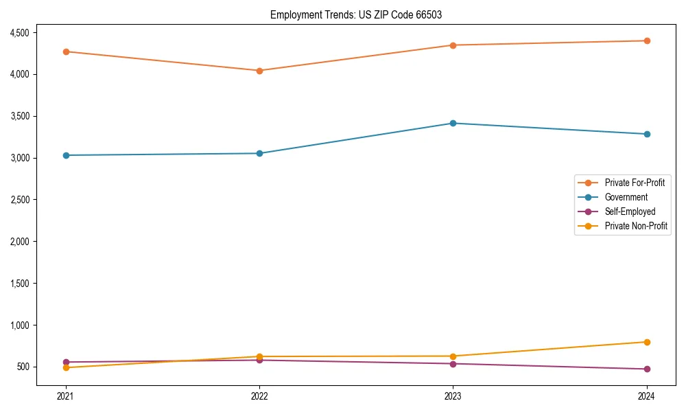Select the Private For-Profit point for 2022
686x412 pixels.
pyautogui.click(x=259, y=71)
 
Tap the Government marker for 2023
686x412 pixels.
pyautogui.click(x=453, y=124)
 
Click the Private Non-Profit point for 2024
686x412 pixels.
pyautogui.click(x=647, y=342)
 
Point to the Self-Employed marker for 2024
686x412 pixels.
pyautogui.click(x=647, y=369)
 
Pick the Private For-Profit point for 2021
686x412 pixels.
pyautogui.click(x=66, y=51)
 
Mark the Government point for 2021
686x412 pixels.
pyautogui.click(x=66, y=155)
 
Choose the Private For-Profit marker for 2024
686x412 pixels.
pyautogui.click(x=647, y=41)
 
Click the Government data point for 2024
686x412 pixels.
pyautogui.click(x=647, y=134)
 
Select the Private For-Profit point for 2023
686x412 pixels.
pyautogui.click(x=453, y=45)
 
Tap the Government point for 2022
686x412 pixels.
pyautogui.click(x=259, y=153)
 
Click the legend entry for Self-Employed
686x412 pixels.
pyautogui.click(x=630, y=211)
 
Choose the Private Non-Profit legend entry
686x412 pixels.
pyautogui.click(x=636, y=226)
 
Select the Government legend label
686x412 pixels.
pyautogui.click(x=626, y=197)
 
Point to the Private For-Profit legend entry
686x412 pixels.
pyautogui.click(x=635, y=183)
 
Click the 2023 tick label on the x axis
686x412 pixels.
pyautogui.click(x=453, y=396)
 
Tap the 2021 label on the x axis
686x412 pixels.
pyautogui.click(x=66, y=396)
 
